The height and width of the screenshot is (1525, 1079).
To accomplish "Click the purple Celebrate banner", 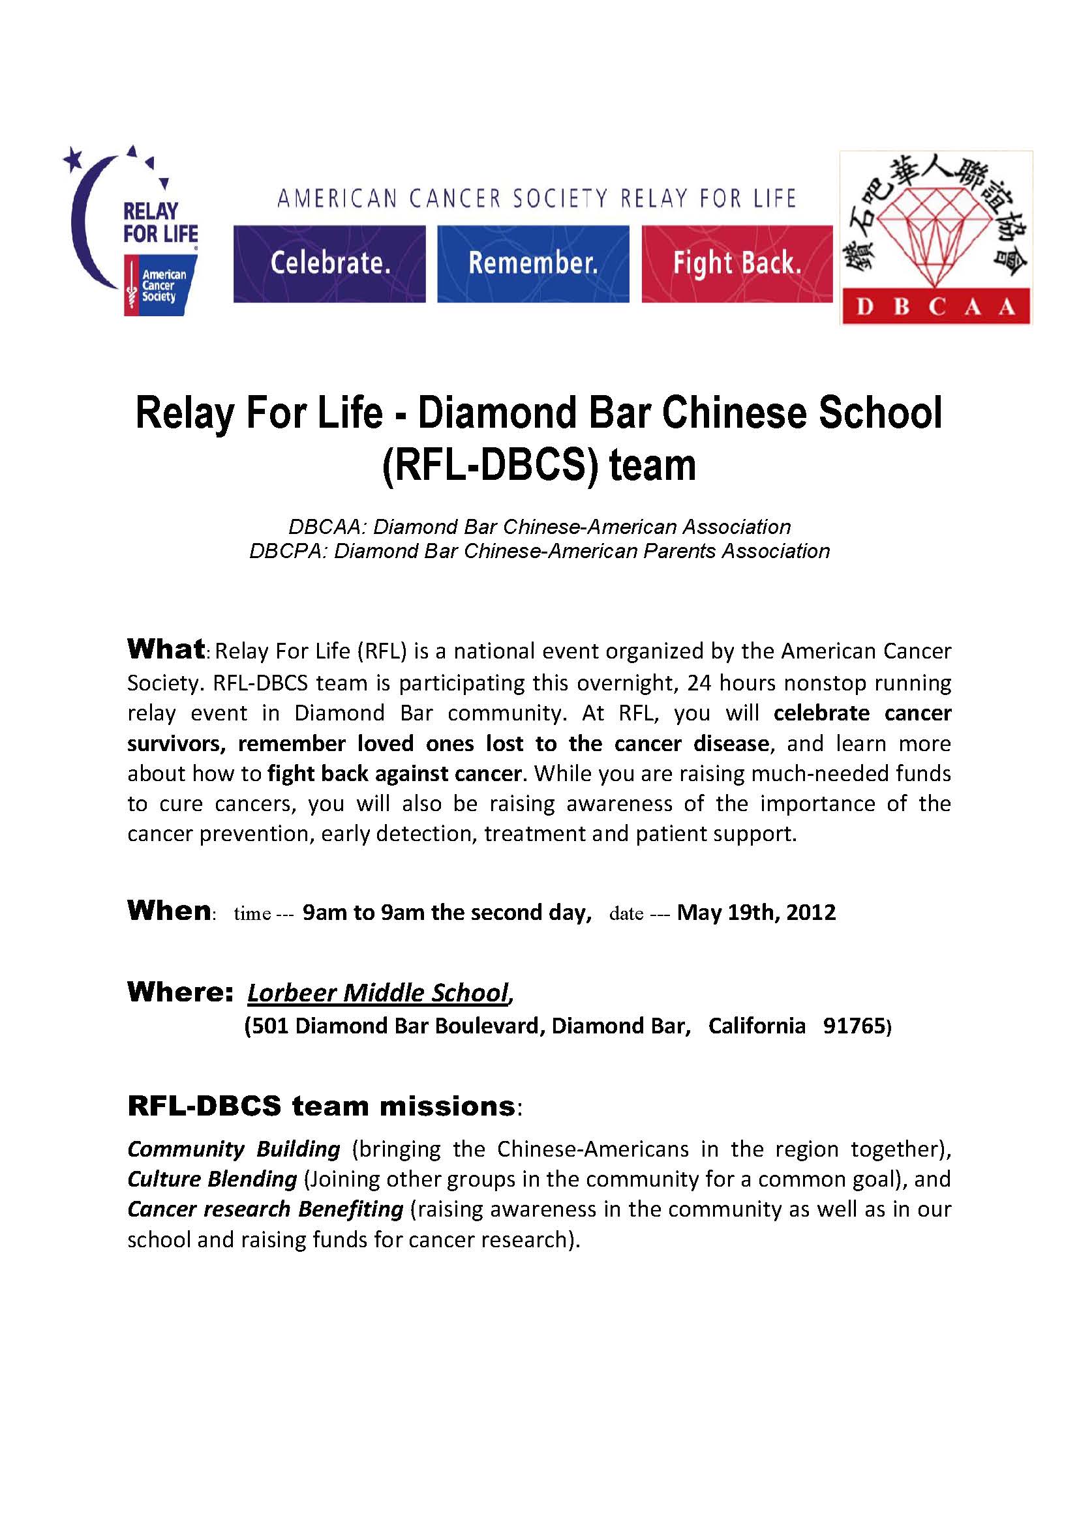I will point(329,263).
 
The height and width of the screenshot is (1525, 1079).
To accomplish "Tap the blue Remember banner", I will point(533,263).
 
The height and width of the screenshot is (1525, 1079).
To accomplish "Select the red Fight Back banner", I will point(737,263).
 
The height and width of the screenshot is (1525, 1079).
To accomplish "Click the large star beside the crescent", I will point(72,158).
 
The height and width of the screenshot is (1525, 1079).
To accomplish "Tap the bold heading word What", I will point(166,649).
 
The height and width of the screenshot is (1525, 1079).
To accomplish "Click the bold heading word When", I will point(169,911).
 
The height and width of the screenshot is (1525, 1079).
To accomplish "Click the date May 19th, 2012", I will point(756,912).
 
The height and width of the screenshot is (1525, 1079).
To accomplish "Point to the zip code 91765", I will point(854,1026).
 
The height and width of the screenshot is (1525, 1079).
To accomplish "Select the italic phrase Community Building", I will point(234,1148).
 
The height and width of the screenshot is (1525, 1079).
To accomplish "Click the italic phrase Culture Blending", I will point(212,1179).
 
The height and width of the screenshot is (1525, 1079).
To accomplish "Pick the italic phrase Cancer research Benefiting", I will point(265,1209).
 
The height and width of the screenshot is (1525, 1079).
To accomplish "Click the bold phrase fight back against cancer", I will point(395,773).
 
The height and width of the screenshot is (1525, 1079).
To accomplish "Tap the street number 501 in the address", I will point(269,1026).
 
